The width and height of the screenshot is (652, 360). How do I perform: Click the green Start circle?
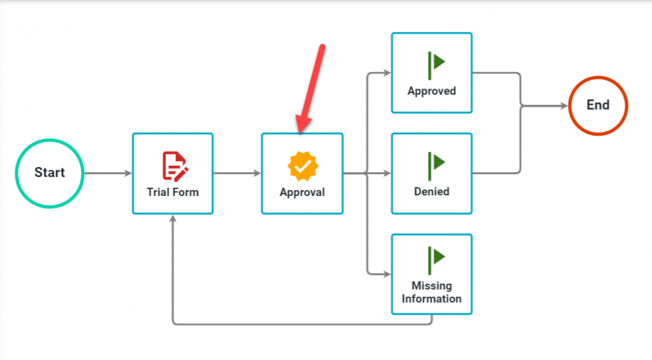click(x=49, y=173)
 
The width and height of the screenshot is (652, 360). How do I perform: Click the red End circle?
click(x=598, y=106)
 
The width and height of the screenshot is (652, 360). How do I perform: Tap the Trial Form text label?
click(x=172, y=192)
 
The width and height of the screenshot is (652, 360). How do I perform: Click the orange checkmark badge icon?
click(x=302, y=166)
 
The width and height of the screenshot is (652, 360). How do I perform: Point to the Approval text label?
click(x=302, y=192)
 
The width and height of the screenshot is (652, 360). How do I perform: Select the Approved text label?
click(x=431, y=91)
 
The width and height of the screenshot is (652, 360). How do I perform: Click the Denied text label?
click(x=431, y=192)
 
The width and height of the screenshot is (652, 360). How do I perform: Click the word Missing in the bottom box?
click(x=431, y=286)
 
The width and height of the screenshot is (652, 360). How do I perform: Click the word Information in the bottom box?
click(x=431, y=299)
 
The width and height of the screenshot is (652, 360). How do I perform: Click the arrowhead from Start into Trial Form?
click(x=128, y=173)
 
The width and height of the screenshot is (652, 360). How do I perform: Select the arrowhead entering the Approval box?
click(x=258, y=173)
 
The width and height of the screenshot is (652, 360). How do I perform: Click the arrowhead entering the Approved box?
click(x=387, y=73)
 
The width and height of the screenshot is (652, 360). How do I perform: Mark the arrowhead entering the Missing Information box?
click(x=387, y=274)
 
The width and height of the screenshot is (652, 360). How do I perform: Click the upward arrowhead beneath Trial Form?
click(x=173, y=219)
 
